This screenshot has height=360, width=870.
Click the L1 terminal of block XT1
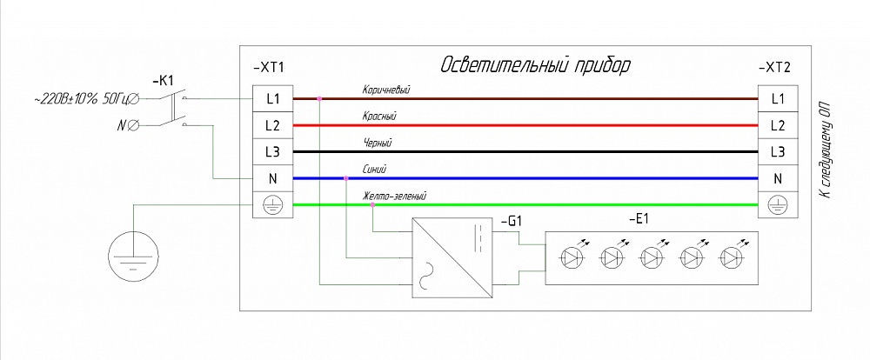273,98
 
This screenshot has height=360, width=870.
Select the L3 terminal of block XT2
778,151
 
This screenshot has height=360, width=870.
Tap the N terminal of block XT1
273,178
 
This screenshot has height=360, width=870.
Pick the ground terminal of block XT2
778,205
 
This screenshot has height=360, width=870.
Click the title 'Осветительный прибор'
535,66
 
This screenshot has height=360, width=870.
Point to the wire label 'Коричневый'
385,90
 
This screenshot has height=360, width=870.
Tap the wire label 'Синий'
374,170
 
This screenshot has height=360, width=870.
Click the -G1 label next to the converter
511,222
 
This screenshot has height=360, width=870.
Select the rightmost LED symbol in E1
730,257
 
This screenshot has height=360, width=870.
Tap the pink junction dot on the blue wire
346,178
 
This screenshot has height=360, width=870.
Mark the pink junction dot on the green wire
372,205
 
